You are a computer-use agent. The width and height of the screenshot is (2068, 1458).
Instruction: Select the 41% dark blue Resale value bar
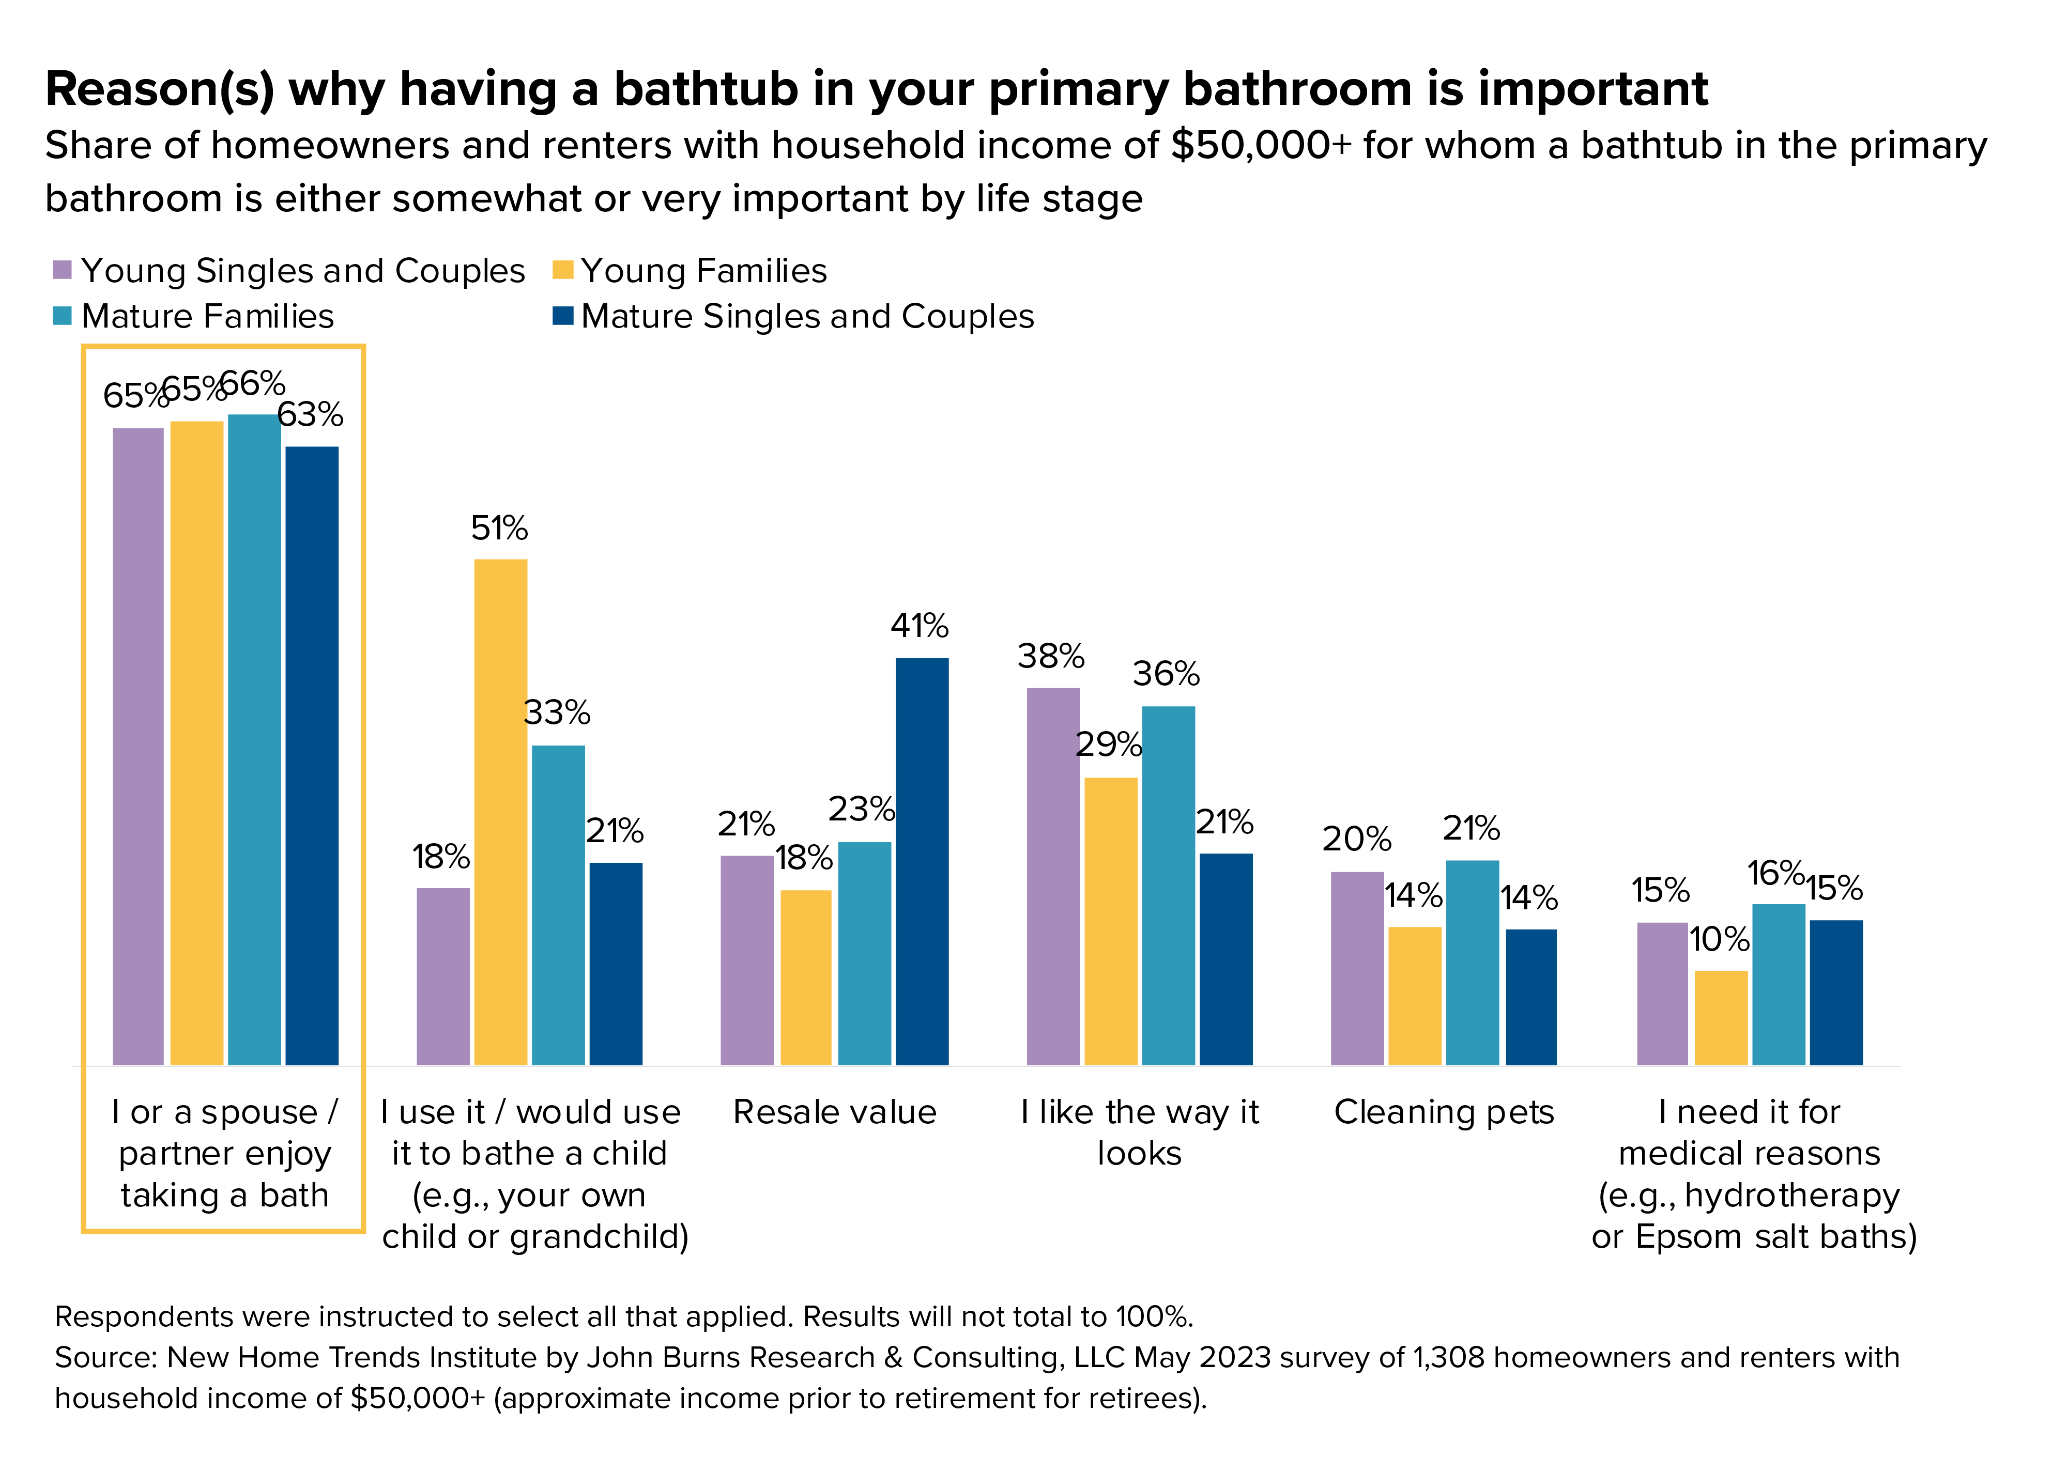922,861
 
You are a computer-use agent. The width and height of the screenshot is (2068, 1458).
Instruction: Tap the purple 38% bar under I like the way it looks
1053,875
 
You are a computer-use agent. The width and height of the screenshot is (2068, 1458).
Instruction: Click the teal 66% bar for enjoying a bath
254,738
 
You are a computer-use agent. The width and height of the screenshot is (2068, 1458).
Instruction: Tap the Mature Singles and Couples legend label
807,316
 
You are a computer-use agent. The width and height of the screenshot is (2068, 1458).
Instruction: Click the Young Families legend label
703,270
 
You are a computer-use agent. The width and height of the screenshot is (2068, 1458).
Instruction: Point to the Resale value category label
834,1112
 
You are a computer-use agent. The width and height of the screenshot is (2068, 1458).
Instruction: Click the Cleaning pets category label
1444,1112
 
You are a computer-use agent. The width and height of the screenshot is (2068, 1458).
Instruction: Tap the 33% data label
557,712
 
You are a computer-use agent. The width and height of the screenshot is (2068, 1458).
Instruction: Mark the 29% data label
1109,744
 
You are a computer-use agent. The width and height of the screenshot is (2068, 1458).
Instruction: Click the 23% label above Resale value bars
862,809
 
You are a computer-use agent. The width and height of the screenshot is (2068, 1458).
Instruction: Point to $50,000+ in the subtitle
1261,146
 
